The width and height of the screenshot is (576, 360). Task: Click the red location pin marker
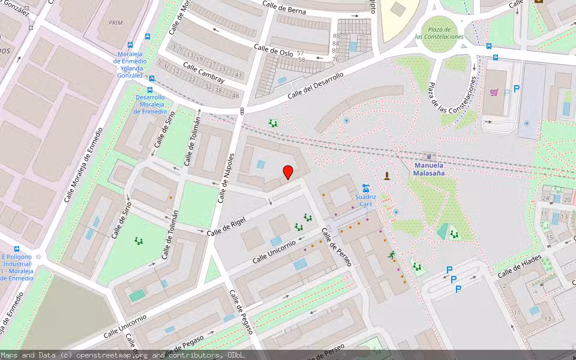[288, 172]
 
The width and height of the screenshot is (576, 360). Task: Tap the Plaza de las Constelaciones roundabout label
[440, 33]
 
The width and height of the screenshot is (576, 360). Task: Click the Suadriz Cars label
[365, 200]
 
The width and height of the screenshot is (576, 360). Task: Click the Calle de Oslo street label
[273, 50]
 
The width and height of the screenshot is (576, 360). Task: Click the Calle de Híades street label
[519, 266]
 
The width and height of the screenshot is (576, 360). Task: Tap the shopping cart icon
[494, 92]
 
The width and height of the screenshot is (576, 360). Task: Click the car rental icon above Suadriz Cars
[365, 187]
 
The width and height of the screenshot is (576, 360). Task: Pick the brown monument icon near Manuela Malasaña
[387, 175]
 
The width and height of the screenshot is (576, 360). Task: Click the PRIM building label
[116, 22]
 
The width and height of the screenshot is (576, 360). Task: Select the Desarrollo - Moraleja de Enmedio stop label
[149, 104]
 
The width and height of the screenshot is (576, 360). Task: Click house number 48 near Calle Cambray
[236, 96]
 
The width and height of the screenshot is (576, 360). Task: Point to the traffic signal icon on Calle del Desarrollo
[242, 111]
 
